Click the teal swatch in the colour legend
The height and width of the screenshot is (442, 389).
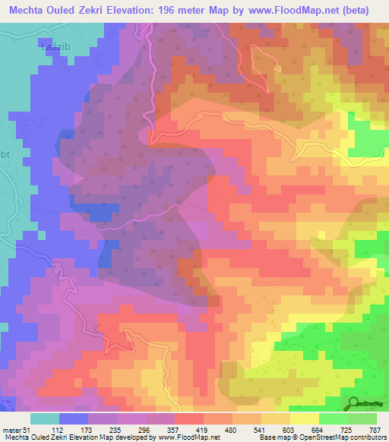pyautogui.click(x=45, y=418)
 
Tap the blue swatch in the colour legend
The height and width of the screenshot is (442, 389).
pyautogui.click(x=74, y=418)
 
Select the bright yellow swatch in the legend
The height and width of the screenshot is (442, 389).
pyautogui.click(x=305, y=418)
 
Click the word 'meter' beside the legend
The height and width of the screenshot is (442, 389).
pyautogui.click(x=10, y=430)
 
